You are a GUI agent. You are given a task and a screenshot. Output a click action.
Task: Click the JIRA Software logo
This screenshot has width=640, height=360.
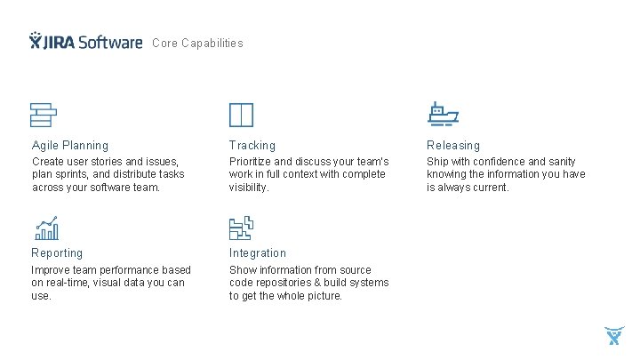coord(85,42)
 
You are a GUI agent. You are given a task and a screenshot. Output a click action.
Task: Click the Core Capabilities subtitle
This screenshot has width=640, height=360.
coord(197,43)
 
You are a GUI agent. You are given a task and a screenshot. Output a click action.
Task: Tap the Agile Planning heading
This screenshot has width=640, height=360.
coord(70,145)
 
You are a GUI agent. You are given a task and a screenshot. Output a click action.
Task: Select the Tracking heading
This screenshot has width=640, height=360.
coord(252,145)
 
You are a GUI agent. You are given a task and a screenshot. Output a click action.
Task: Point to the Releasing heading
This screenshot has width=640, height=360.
coord(453,145)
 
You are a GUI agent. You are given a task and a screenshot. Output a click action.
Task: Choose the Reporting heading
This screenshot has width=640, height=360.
coord(57,253)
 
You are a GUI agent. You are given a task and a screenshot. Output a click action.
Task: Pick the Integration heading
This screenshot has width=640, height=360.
coord(258,253)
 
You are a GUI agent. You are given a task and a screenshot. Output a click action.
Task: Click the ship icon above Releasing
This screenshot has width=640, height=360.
coord(442,114)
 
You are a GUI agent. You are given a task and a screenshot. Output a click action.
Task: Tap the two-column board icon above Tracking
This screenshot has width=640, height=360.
coord(241,115)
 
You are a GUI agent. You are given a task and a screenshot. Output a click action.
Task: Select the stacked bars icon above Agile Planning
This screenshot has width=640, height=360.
coord(44,115)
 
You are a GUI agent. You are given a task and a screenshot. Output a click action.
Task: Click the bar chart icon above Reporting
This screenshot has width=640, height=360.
coord(46,228)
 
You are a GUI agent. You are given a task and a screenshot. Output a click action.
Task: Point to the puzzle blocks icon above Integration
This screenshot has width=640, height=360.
coord(241,228)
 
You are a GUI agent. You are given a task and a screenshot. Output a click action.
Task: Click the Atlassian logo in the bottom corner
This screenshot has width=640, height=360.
coord(614,336)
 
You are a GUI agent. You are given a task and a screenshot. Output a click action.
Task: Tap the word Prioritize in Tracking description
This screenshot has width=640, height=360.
coord(251,162)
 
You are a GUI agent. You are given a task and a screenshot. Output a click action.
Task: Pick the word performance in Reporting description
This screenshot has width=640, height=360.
coord(130,270)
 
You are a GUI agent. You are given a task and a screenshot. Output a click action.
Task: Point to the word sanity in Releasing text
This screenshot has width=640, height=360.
coord(560,162)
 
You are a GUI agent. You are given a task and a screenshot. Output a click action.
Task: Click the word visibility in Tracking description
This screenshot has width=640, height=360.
coord(249,188)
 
